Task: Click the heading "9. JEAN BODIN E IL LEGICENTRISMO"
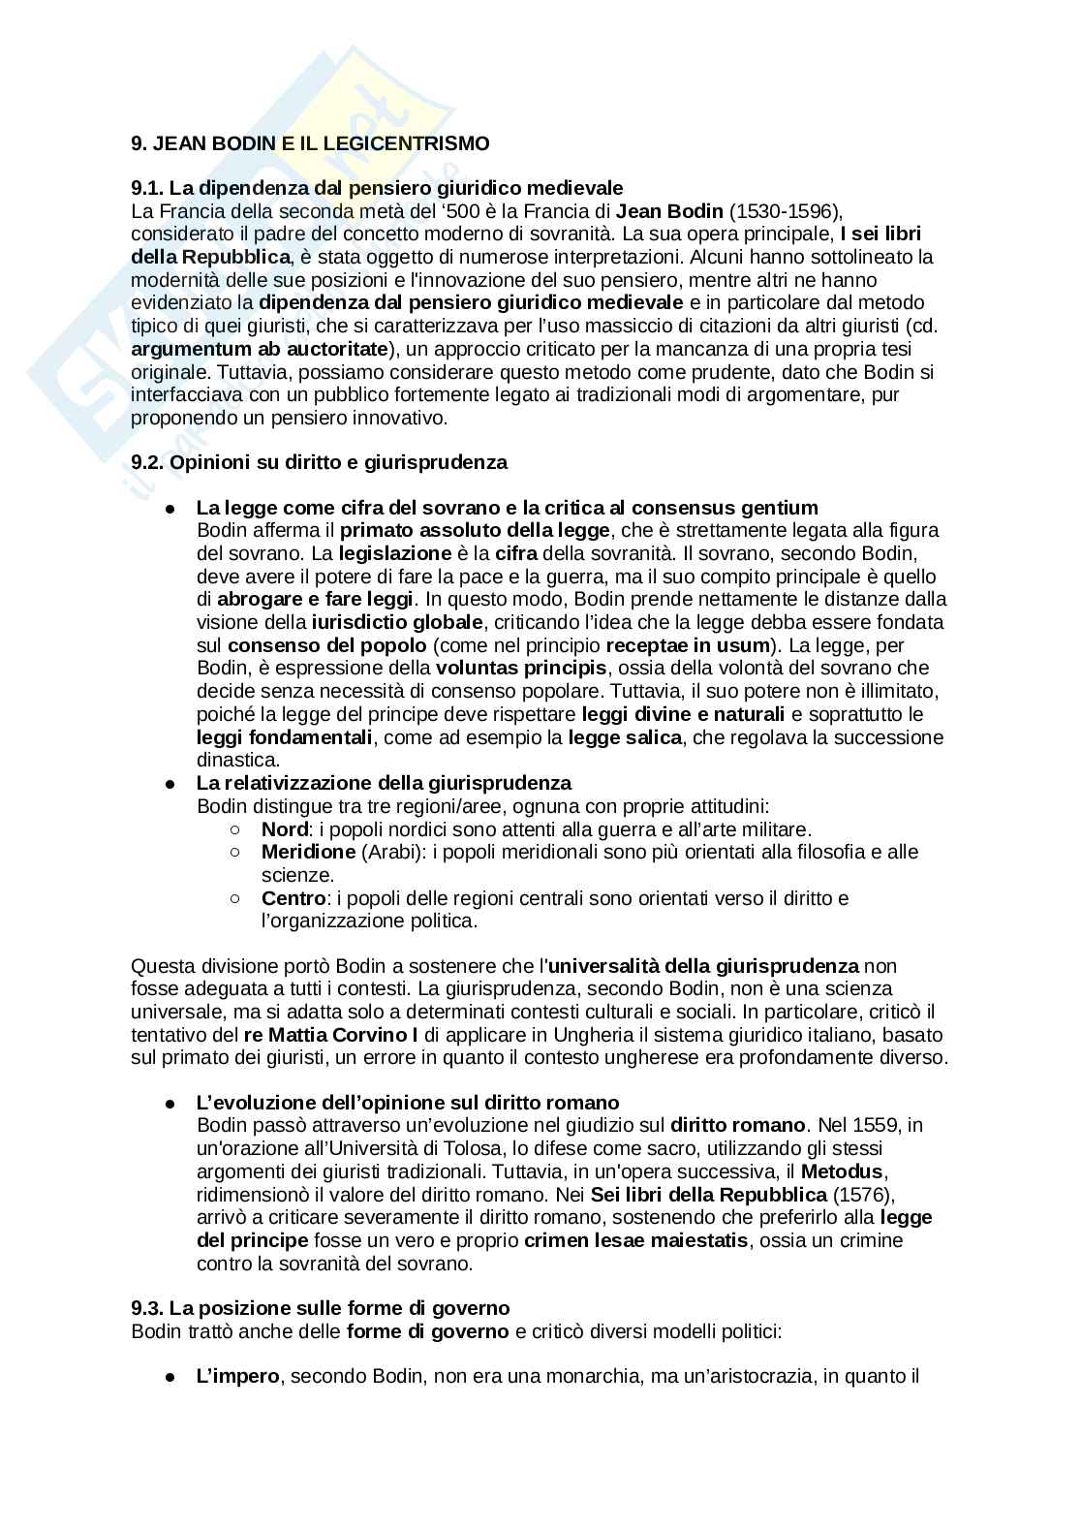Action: [310, 143]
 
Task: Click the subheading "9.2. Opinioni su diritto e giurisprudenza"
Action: [319, 462]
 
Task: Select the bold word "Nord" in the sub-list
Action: [284, 829]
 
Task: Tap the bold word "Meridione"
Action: [308, 853]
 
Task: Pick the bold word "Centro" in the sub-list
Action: [293, 898]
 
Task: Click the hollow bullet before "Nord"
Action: [235, 829]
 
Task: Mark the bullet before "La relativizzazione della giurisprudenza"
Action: [170, 784]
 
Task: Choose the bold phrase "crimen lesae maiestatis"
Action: [635, 1241]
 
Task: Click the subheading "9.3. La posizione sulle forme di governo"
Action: [320, 1309]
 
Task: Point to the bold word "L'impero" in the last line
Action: [237, 1377]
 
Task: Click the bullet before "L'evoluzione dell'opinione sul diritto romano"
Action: [170, 1104]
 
